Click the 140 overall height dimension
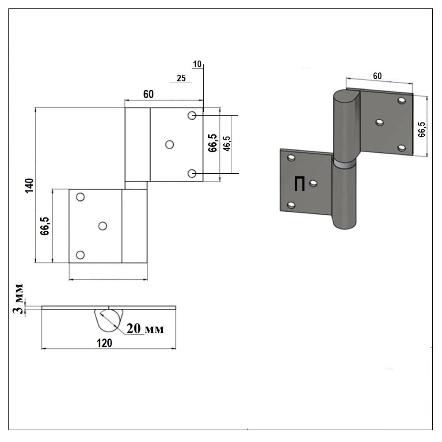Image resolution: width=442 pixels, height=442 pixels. point(29,186)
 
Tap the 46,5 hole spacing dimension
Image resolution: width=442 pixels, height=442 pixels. point(227,144)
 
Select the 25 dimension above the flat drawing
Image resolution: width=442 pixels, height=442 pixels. point(181,78)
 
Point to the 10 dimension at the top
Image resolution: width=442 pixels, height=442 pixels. point(197,64)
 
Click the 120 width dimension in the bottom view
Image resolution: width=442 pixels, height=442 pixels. point(104,343)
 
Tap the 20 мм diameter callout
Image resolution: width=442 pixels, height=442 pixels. point(145,329)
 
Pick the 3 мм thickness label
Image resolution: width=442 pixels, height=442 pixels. point(18,299)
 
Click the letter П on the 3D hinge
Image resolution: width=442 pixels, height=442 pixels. point(299,184)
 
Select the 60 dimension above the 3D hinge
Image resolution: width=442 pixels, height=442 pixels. point(377,76)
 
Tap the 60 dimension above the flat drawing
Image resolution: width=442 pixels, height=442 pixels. point(148,94)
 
